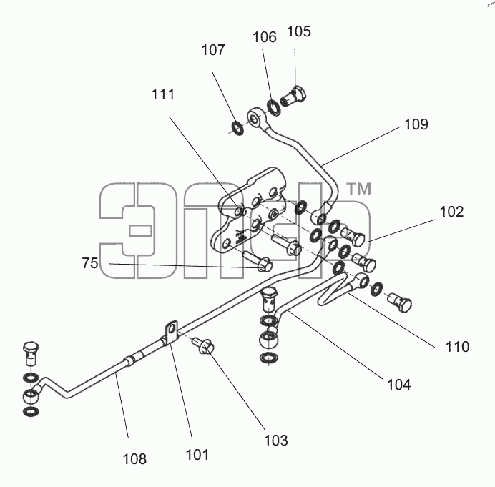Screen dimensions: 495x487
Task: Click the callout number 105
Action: coord(299,31)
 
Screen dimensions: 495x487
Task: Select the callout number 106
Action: coord(265,37)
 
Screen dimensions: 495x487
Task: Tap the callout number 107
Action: coord(213,50)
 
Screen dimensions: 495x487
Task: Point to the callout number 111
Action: coord(163,94)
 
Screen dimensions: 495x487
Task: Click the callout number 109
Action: coord(416,124)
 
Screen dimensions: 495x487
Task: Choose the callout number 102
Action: coord(452,212)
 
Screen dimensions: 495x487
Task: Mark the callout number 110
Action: coord(457,347)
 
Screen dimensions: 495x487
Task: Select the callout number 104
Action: coord(399,385)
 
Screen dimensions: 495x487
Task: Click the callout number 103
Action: coord(276,441)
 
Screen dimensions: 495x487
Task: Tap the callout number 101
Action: coord(197,455)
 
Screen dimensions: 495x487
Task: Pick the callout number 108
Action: coord(134,459)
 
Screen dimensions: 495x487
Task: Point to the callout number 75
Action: coord(90,263)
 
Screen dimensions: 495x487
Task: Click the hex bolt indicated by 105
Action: coord(293,97)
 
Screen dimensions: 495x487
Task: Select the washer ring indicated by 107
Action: coord(237,128)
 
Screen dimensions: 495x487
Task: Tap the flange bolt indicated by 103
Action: coord(204,345)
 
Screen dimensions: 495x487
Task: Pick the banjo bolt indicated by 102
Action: coord(354,237)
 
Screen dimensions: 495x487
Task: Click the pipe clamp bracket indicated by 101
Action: coord(170,333)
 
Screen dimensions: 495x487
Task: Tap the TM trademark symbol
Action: coord(359,189)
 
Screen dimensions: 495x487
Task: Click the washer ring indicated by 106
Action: coord(274,108)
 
